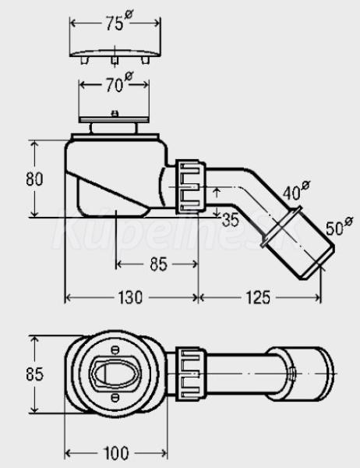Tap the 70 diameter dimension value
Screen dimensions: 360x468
click(118, 83)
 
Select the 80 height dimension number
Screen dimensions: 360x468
click(34, 179)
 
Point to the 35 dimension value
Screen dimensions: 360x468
click(231, 220)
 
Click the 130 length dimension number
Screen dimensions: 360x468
click(130, 298)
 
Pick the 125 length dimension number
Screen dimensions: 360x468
click(258, 298)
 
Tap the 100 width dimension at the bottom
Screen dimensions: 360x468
click(116, 453)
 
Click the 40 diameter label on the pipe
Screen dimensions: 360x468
click(296, 191)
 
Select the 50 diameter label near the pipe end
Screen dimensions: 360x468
click(339, 227)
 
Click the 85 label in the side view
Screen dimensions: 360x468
click(158, 264)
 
